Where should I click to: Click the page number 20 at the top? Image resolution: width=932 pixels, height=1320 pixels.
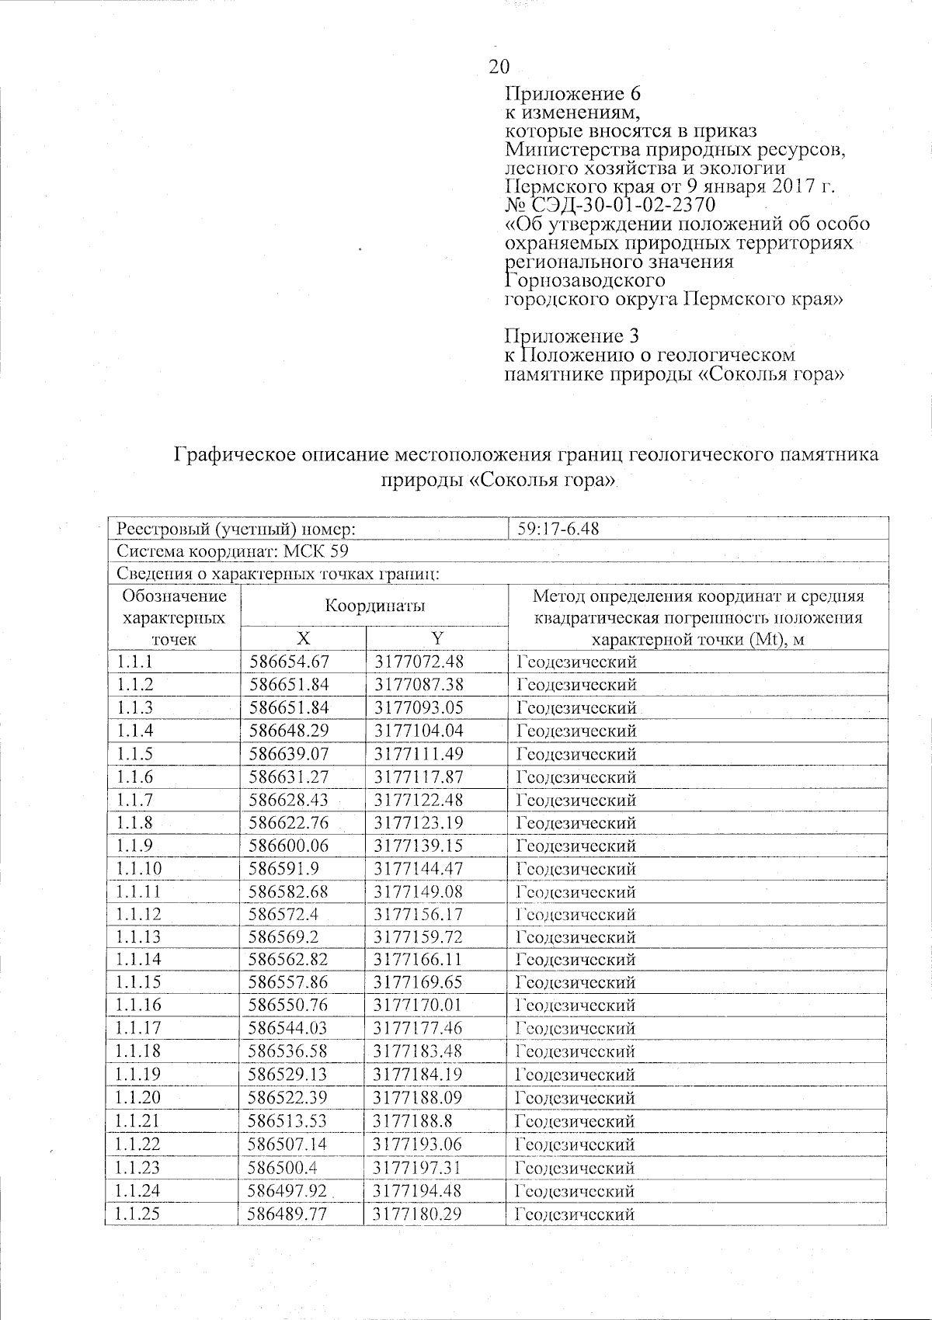pyautogui.click(x=499, y=67)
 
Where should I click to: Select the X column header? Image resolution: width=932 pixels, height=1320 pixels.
pyautogui.click(x=303, y=638)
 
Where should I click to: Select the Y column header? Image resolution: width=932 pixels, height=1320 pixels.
pyautogui.click(x=437, y=638)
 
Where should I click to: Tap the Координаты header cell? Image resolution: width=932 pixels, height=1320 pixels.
pyautogui.click(x=375, y=606)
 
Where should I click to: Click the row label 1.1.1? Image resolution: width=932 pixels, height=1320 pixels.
pyautogui.click(x=135, y=662)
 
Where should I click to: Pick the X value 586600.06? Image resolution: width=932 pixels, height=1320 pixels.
pyautogui.click(x=288, y=846)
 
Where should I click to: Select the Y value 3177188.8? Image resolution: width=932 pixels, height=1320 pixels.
pyautogui.click(x=413, y=1121)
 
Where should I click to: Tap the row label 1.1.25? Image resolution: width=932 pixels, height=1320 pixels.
pyautogui.click(x=139, y=1214)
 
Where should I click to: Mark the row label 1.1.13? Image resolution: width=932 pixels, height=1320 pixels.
pyautogui.click(x=139, y=937)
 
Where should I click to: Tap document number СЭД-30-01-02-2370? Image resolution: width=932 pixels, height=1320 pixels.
pyautogui.click(x=622, y=205)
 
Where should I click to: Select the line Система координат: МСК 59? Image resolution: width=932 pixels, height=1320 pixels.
pyautogui.click(x=232, y=551)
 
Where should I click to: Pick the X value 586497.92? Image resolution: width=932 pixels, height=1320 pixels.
pyautogui.click(x=288, y=1191)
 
